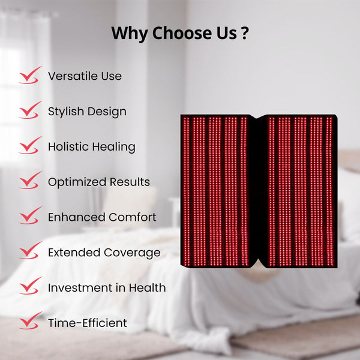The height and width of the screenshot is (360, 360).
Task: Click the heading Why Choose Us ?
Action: pos(180,34)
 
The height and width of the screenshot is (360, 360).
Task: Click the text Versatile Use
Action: pos(85,76)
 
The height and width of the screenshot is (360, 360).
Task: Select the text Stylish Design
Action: pos(87,112)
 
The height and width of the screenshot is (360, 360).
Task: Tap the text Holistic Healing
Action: pos(92,147)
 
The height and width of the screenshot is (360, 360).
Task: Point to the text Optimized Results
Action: pos(99,182)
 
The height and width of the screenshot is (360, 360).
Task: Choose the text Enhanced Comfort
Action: pos(102,217)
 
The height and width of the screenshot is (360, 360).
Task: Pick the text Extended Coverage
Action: pos(104,253)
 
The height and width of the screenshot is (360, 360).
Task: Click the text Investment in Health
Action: pos(107,288)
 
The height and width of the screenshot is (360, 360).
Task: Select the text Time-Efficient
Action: pos(88,323)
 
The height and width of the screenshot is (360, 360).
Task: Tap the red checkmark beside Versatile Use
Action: pos(29,75)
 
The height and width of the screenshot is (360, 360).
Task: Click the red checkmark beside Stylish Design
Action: pos(29,110)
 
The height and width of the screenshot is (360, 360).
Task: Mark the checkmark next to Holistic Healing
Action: pos(29,146)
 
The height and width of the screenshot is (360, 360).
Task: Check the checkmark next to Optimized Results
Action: pos(29,181)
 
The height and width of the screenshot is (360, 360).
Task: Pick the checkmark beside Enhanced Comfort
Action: pos(29,216)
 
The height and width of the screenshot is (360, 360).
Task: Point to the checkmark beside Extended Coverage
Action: pos(29,251)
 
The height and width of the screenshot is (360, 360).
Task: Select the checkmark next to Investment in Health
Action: pos(29,287)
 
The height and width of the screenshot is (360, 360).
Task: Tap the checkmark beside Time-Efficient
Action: pos(29,322)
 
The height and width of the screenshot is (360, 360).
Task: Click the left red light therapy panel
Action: pos(216,191)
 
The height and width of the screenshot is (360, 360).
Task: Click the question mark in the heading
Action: pos(244,34)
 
